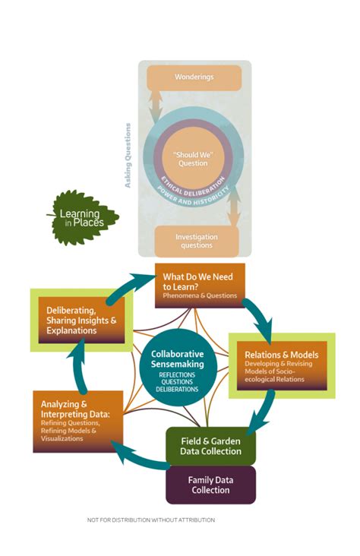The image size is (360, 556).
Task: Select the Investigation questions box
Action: pos(197,241)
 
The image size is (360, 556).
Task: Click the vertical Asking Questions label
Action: pos(128,156)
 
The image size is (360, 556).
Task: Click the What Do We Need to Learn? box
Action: pos(199,286)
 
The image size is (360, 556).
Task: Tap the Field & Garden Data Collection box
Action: pos(210,445)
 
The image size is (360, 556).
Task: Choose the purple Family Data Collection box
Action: pos(210,485)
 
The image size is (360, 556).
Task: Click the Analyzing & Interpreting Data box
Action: pos(77,422)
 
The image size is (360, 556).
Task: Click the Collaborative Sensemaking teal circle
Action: pos(178,365)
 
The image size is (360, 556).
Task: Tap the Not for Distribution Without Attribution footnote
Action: pos(152,520)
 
